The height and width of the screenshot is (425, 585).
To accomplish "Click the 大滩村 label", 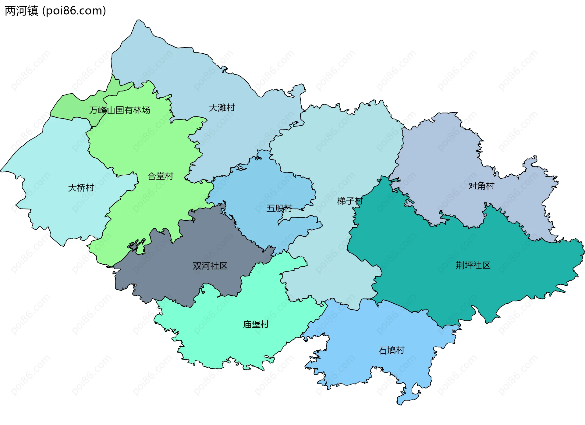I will (x=222, y=108).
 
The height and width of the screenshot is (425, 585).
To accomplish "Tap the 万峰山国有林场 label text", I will (x=120, y=110).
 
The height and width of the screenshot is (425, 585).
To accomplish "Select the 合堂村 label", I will (x=160, y=176).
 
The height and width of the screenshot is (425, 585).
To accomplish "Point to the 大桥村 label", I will (x=81, y=188).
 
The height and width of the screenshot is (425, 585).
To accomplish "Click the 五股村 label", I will (x=279, y=208).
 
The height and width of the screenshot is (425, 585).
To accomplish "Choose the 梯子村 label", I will (x=350, y=201).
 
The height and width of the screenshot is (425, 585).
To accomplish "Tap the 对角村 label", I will (x=481, y=186).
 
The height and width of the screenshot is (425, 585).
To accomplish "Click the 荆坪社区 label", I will (x=473, y=265).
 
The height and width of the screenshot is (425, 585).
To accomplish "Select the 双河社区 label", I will (x=210, y=266).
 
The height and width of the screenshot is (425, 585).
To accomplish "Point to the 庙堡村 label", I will (x=256, y=324).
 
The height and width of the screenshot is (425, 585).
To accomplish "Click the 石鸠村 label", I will (x=391, y=350).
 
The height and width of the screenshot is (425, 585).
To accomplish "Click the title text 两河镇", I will (x=21, y=11).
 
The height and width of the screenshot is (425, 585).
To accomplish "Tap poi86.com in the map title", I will (x=74, y=11).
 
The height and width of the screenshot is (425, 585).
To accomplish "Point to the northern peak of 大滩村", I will (x=140, y=24).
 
